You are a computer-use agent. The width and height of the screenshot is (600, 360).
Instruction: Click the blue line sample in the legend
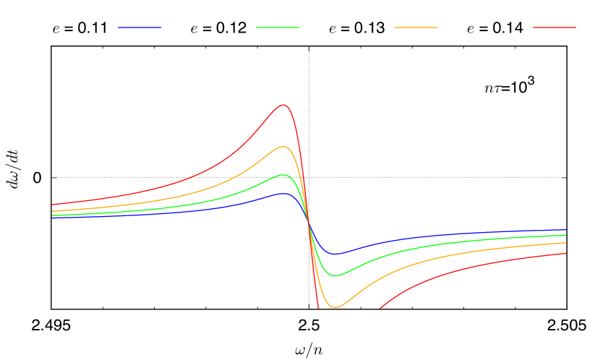[x=140, y=27]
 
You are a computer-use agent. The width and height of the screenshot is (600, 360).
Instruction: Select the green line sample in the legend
[x=278, y=27]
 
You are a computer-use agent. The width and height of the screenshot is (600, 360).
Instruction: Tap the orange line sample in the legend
[x=416, y=27]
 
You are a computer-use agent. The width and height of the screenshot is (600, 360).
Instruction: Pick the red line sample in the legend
[x=554, y=27]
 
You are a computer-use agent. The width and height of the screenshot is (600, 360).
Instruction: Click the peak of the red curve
[x=283, y=105]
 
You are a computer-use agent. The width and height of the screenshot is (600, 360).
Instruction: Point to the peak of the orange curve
[x=284, y=147]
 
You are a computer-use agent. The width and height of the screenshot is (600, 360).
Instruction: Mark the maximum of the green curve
[x=284, y=175]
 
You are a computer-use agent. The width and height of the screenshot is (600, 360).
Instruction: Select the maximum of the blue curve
[x=284, y=193]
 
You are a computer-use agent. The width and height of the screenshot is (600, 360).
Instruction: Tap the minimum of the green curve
[x=335, y=275]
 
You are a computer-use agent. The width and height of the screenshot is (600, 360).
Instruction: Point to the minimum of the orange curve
[x=335, y=307]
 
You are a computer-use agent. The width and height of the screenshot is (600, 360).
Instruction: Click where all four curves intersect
[x=309, y=223]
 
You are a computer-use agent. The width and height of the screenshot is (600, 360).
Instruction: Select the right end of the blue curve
[x=566, y=230]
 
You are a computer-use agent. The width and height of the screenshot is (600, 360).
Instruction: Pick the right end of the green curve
[x=566, y=235]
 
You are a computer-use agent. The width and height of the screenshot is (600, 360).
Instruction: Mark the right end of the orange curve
[x=566, y=243]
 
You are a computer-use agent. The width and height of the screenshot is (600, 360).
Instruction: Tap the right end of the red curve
[x=566, y=254]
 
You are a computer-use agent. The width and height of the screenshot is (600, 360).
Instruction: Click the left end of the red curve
[x=52, y=205]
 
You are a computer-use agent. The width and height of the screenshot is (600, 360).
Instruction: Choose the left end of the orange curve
[x=52, y=211]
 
